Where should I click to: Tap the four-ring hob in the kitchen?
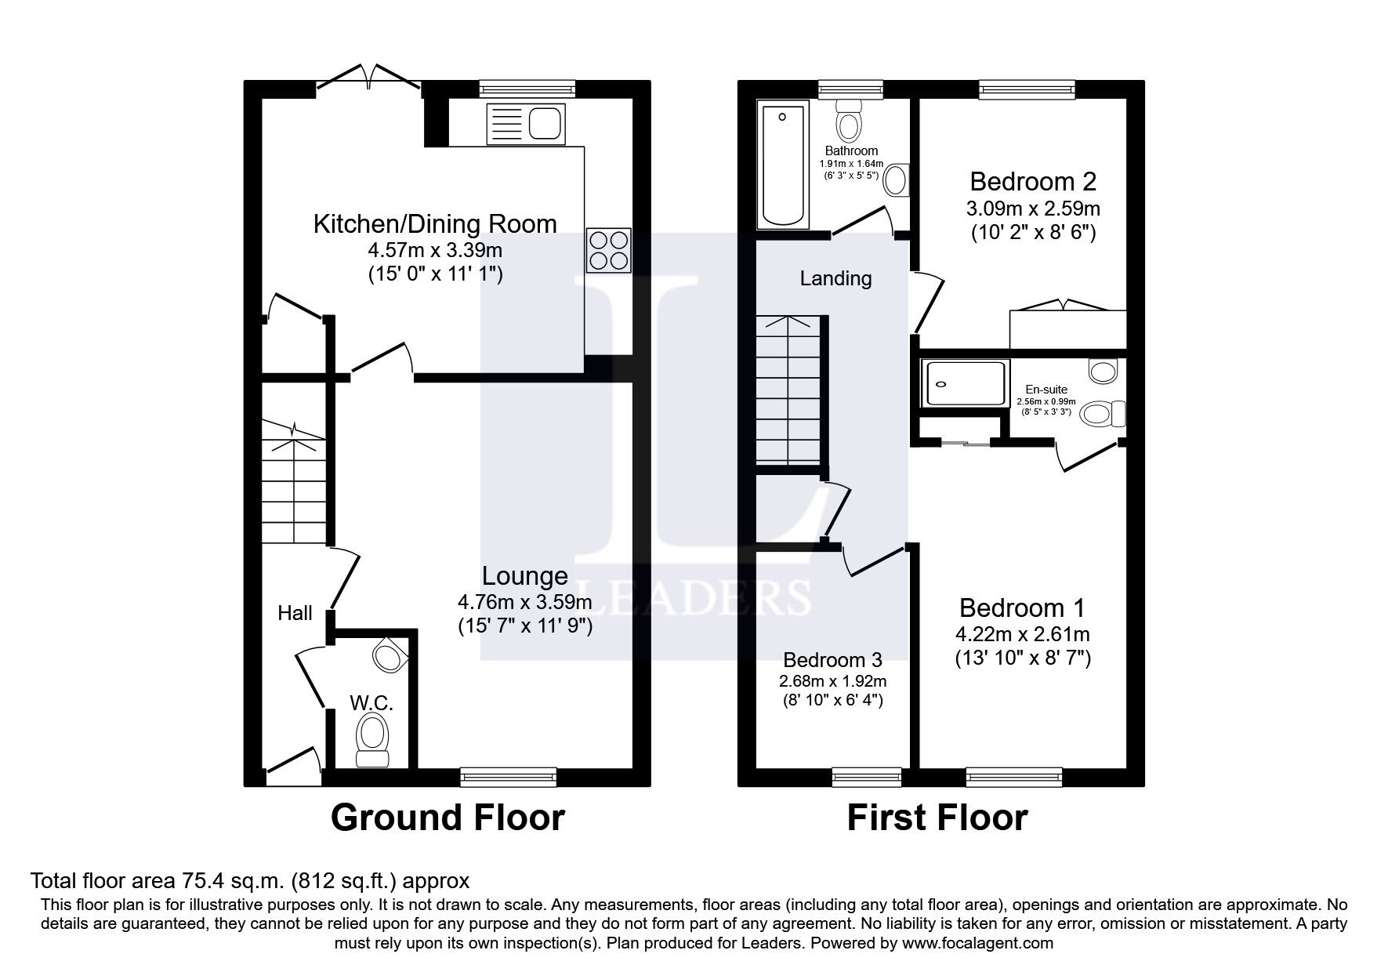coord(608,250)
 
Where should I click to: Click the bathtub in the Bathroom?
coord(781,165)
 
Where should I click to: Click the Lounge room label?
coord(524,576)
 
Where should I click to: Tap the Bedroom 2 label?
coord(1032,182)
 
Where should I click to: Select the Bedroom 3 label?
coord(832,659)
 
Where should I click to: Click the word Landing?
coord(835,278)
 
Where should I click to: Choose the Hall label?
coord(295,613)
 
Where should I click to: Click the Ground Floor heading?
coord(448,818)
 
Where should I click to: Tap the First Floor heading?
coord(937,818)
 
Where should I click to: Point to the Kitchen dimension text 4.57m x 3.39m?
coord(435,251)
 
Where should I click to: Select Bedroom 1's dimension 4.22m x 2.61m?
coord(1022,634)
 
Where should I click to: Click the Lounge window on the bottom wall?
coord(508,777)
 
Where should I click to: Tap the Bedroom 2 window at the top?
coord(1026,89)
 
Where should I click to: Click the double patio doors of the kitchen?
coord(369,78)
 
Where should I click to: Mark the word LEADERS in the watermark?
coord(693,597)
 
